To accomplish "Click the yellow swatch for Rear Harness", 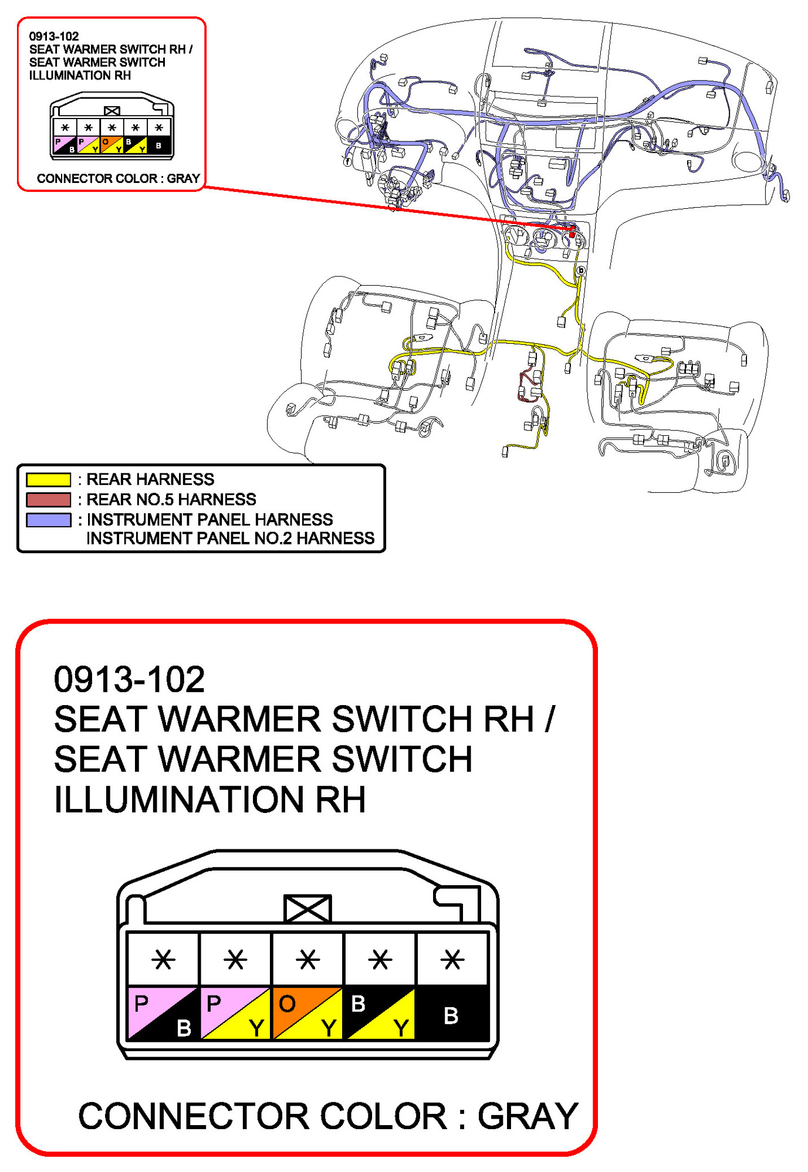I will point(48,479).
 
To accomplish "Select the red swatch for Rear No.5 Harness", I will point(48,499).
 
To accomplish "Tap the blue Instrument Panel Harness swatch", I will point(48,520).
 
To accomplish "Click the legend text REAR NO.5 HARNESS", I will point(171,499).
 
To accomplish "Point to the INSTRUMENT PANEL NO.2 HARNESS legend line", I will point(230,538).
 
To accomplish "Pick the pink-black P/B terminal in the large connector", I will point(163,1014).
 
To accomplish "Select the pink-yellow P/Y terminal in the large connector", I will point(235,1014).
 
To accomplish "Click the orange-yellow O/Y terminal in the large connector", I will point(307,1014).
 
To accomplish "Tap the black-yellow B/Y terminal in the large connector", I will point(380,1014).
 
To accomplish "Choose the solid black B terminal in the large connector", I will point(452,1014).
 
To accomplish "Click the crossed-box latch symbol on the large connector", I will point(307,909).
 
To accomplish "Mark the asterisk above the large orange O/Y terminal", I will point(307,960).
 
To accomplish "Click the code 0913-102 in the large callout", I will point(129,679).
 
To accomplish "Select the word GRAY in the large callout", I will point(528,1116).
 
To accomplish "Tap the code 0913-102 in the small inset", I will point(54,36).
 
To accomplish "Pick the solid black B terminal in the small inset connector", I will point(158,144).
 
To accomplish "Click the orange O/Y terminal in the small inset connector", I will point(111,144).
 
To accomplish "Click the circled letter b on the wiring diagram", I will point(581,270).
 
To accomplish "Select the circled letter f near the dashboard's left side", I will point(347,161).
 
